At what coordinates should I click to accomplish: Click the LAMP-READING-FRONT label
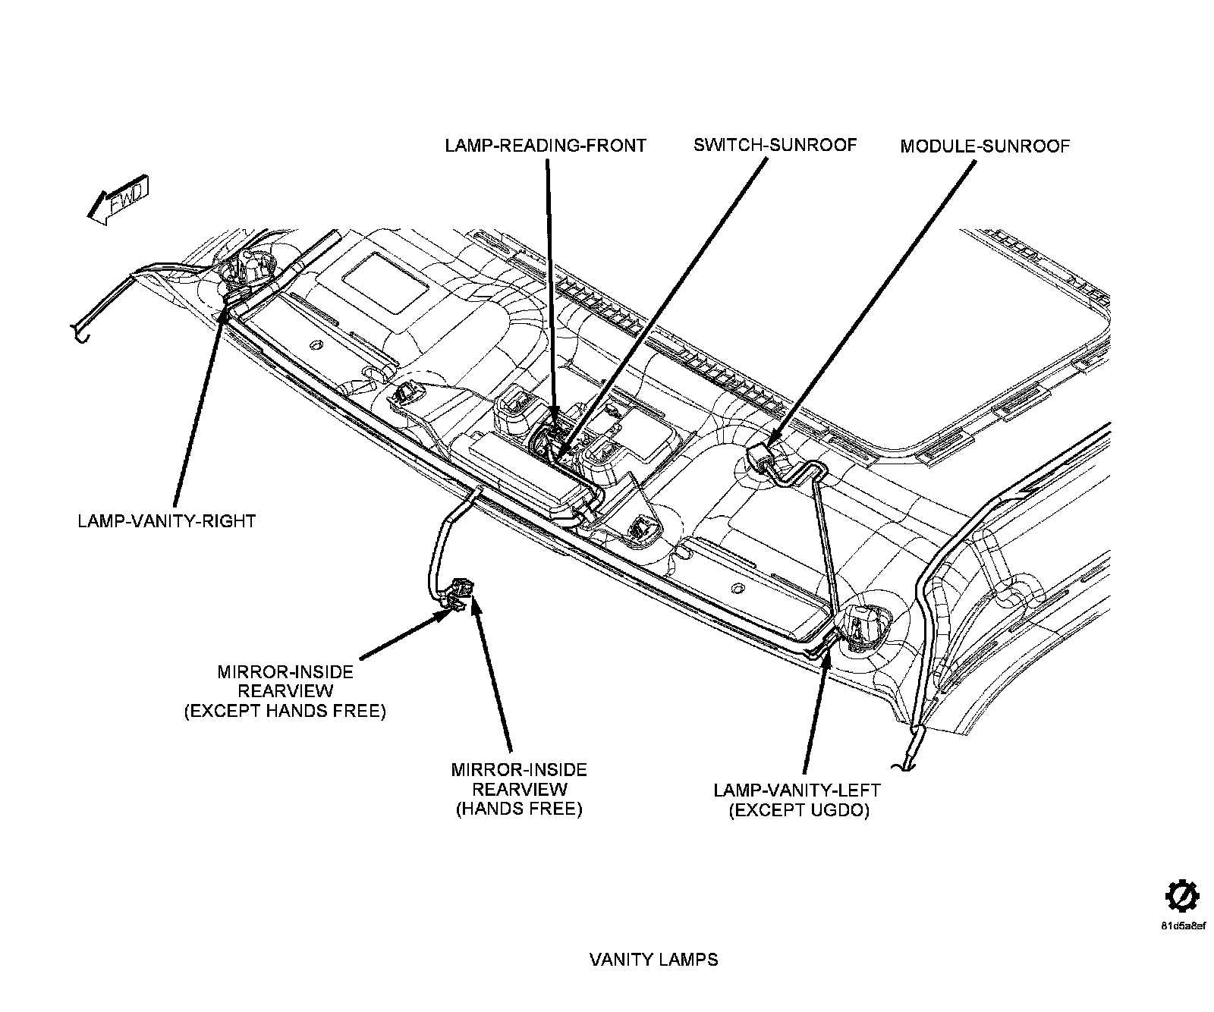coord(545,146)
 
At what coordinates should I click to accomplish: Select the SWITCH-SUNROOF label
coord(775,145)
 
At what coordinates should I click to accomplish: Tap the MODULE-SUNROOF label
coord(984,146)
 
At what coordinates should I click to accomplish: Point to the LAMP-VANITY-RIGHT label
coord(167,521)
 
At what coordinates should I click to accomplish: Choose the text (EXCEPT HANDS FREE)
coord(285,712)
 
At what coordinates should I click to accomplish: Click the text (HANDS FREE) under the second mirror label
coord(519,809)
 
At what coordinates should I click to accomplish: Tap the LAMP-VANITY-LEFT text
coord(797,790)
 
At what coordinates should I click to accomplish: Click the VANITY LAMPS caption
coord(653,960)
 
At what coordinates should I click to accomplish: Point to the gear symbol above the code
coord(1181,897)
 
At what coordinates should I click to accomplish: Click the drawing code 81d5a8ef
coord(1182,926)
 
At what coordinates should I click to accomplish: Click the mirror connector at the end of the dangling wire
coord(459,591)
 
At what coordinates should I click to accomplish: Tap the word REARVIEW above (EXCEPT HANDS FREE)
coord(285,692)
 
